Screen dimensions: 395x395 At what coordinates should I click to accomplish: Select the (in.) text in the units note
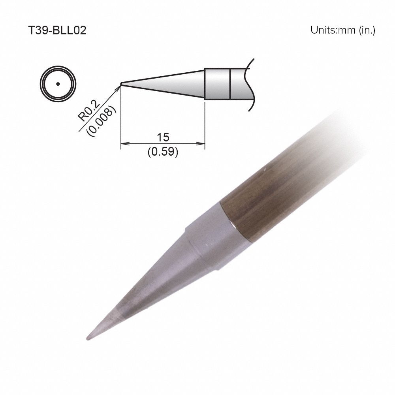click(x=367, y=30)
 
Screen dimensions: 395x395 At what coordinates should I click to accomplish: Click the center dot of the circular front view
click(x=58, y=84)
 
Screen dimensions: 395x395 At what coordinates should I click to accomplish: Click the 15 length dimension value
click(x=162, y=137)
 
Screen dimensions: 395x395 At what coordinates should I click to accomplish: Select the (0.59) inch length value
click(x=162, y=152)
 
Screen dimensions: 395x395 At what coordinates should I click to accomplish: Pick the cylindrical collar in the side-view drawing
click(x=217, y=84)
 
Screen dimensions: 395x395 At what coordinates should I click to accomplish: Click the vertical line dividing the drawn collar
click(x=230, y=84)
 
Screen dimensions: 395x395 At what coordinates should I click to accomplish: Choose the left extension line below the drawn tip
click(x=120, y=118)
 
